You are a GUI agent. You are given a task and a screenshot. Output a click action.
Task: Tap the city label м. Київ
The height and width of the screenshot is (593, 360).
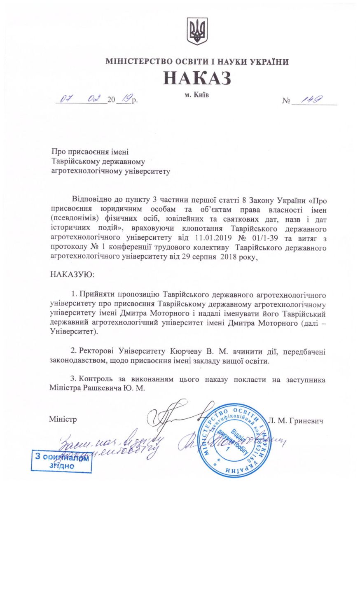tap(196, 95)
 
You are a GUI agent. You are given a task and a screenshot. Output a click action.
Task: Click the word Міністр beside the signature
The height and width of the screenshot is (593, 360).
tap(63, 420)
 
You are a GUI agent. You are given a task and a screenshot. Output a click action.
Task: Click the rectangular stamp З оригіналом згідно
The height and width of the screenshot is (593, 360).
tap(62, 462)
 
